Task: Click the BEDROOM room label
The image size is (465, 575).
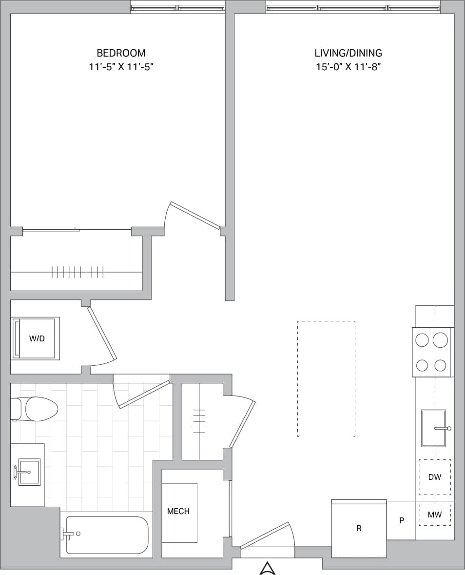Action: click(x=121, y=53)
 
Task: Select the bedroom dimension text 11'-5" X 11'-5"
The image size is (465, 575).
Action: click(x=121, y=67)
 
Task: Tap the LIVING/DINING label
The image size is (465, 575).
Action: click(x=348, y=53)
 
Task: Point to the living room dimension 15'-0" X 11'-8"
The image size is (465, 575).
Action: click(x=348, y=67)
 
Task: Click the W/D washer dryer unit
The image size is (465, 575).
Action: click(x=37, y=338)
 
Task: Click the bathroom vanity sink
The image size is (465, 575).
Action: click(x=29, y=472)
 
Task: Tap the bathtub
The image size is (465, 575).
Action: click(x=107, y=535)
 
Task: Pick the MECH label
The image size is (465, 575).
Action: click(x=178, y=512)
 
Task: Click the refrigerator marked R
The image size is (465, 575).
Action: click(x=359, y=528)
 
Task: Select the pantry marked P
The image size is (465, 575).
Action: click(x=401, y=520)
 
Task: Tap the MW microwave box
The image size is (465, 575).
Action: click(x=434, y=515)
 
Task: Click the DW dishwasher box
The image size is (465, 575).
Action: click(x=434, y=477)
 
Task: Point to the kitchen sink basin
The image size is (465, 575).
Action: click(x=433, y=428)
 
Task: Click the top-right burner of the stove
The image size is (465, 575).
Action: click(x=440, y=339)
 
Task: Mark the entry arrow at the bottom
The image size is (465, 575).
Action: click(x=267, y=568)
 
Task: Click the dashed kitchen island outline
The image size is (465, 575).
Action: click(x=326, y=378)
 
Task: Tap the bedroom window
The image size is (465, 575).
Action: click(x=177, y=8)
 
